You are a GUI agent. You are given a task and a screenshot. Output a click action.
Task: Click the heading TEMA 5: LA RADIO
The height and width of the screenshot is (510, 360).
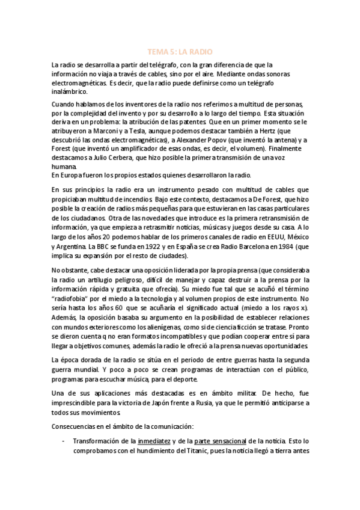click(x=180, y=52)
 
